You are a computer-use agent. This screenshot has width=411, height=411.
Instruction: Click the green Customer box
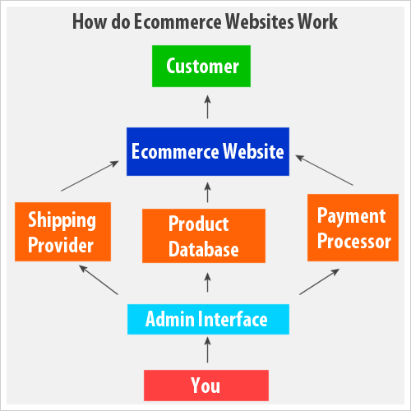click(201, 67)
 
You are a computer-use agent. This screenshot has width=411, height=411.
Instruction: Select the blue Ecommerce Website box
click(208, 151)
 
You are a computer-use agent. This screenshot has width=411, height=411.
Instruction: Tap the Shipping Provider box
click(62, 232)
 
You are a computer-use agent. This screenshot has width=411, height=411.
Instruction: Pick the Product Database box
click(204, 236)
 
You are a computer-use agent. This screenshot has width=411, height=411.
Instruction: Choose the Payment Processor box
click(353, 228)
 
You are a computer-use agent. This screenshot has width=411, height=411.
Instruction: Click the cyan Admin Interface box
click(208, 319)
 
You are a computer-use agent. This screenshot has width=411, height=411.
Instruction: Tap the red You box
click(206, 386)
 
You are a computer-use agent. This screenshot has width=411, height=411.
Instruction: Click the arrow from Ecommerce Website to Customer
click(208, 107)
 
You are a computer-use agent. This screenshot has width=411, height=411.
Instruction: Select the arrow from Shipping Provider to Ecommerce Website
click(90, 176)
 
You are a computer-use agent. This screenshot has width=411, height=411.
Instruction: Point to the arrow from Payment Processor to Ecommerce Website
click(325, 170)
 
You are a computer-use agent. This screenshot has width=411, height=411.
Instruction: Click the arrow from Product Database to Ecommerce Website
click(208, 192)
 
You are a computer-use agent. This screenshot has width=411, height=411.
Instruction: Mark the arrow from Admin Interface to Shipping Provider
click(99, 279)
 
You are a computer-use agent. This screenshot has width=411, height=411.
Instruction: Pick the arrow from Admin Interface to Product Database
click(208, 282)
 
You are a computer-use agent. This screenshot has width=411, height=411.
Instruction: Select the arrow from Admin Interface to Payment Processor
click(320, 282)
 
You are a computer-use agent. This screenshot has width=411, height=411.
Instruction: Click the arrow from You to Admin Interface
click(208, 349)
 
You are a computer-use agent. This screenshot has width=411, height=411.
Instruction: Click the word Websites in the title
click(260, 21)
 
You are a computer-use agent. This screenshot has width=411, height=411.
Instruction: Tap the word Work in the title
click(318, 21)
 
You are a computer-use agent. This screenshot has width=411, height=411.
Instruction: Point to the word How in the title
click(90, 21)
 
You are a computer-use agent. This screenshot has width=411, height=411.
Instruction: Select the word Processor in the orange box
click(354, 241)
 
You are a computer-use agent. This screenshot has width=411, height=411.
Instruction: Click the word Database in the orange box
click(204, 249)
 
